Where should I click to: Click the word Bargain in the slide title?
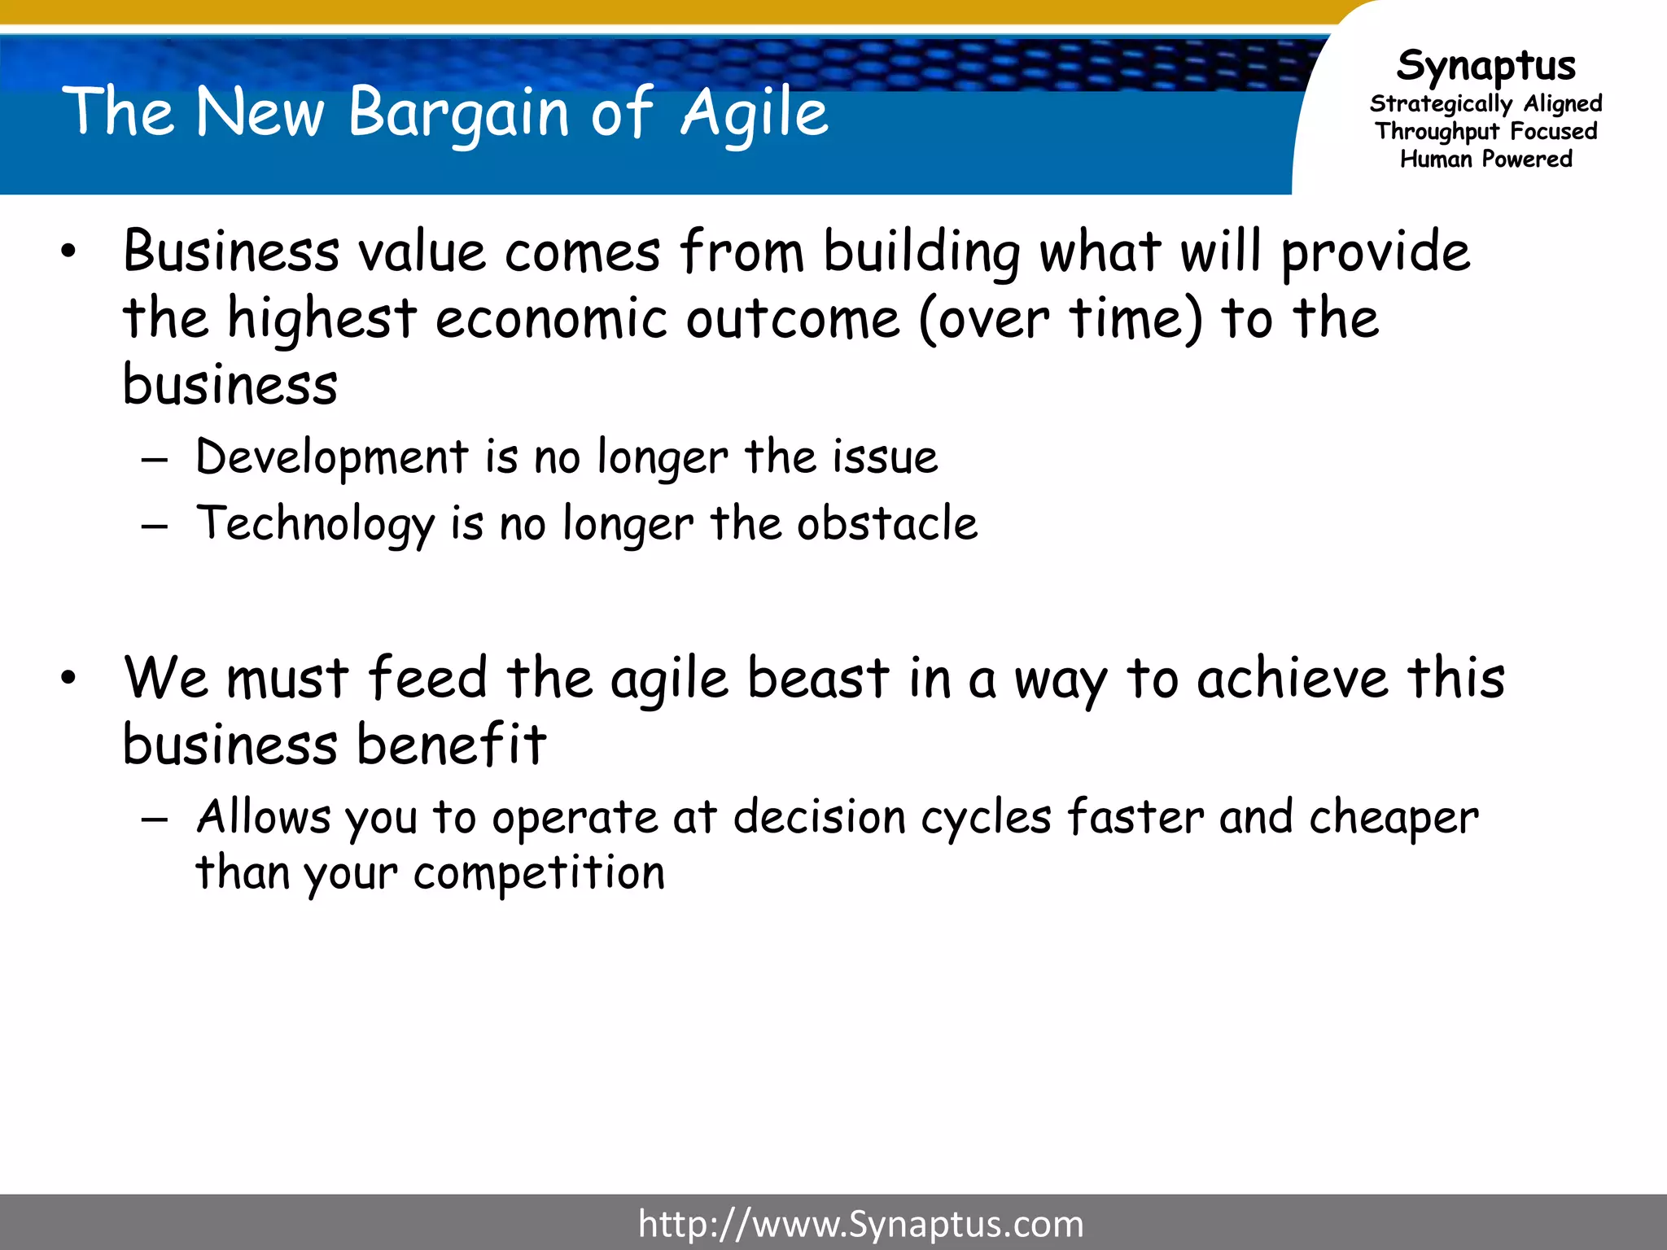458,112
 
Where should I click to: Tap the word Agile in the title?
755,112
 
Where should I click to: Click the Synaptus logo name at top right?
1485,65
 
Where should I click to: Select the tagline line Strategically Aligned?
1485,104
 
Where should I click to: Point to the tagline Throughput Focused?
1485,131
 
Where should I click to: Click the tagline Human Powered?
1485,159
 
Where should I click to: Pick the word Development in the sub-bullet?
332,457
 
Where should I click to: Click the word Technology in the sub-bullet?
316,523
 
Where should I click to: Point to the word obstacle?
886,523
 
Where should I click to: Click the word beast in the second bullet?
818,678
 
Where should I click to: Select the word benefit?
452,745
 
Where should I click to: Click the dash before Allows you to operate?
154,819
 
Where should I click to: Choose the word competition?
539,873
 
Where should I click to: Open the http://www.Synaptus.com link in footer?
860,1224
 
